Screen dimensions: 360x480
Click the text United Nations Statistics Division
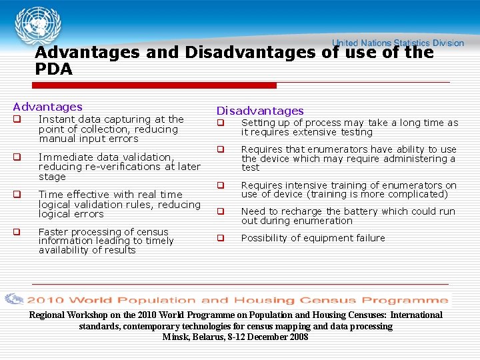click(398, 43)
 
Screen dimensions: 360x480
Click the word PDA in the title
click(53, 69)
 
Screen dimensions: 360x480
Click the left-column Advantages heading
click(47, 107)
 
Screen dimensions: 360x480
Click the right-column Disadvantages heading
click(259, 111)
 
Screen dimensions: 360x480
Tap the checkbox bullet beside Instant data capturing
click(17, 120)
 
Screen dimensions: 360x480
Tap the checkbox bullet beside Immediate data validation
click(17, 158)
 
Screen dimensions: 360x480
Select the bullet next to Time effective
click(17, 195)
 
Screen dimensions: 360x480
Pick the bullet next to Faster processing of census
click(17, 233)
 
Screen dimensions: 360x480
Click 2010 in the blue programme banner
click(45, 301)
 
